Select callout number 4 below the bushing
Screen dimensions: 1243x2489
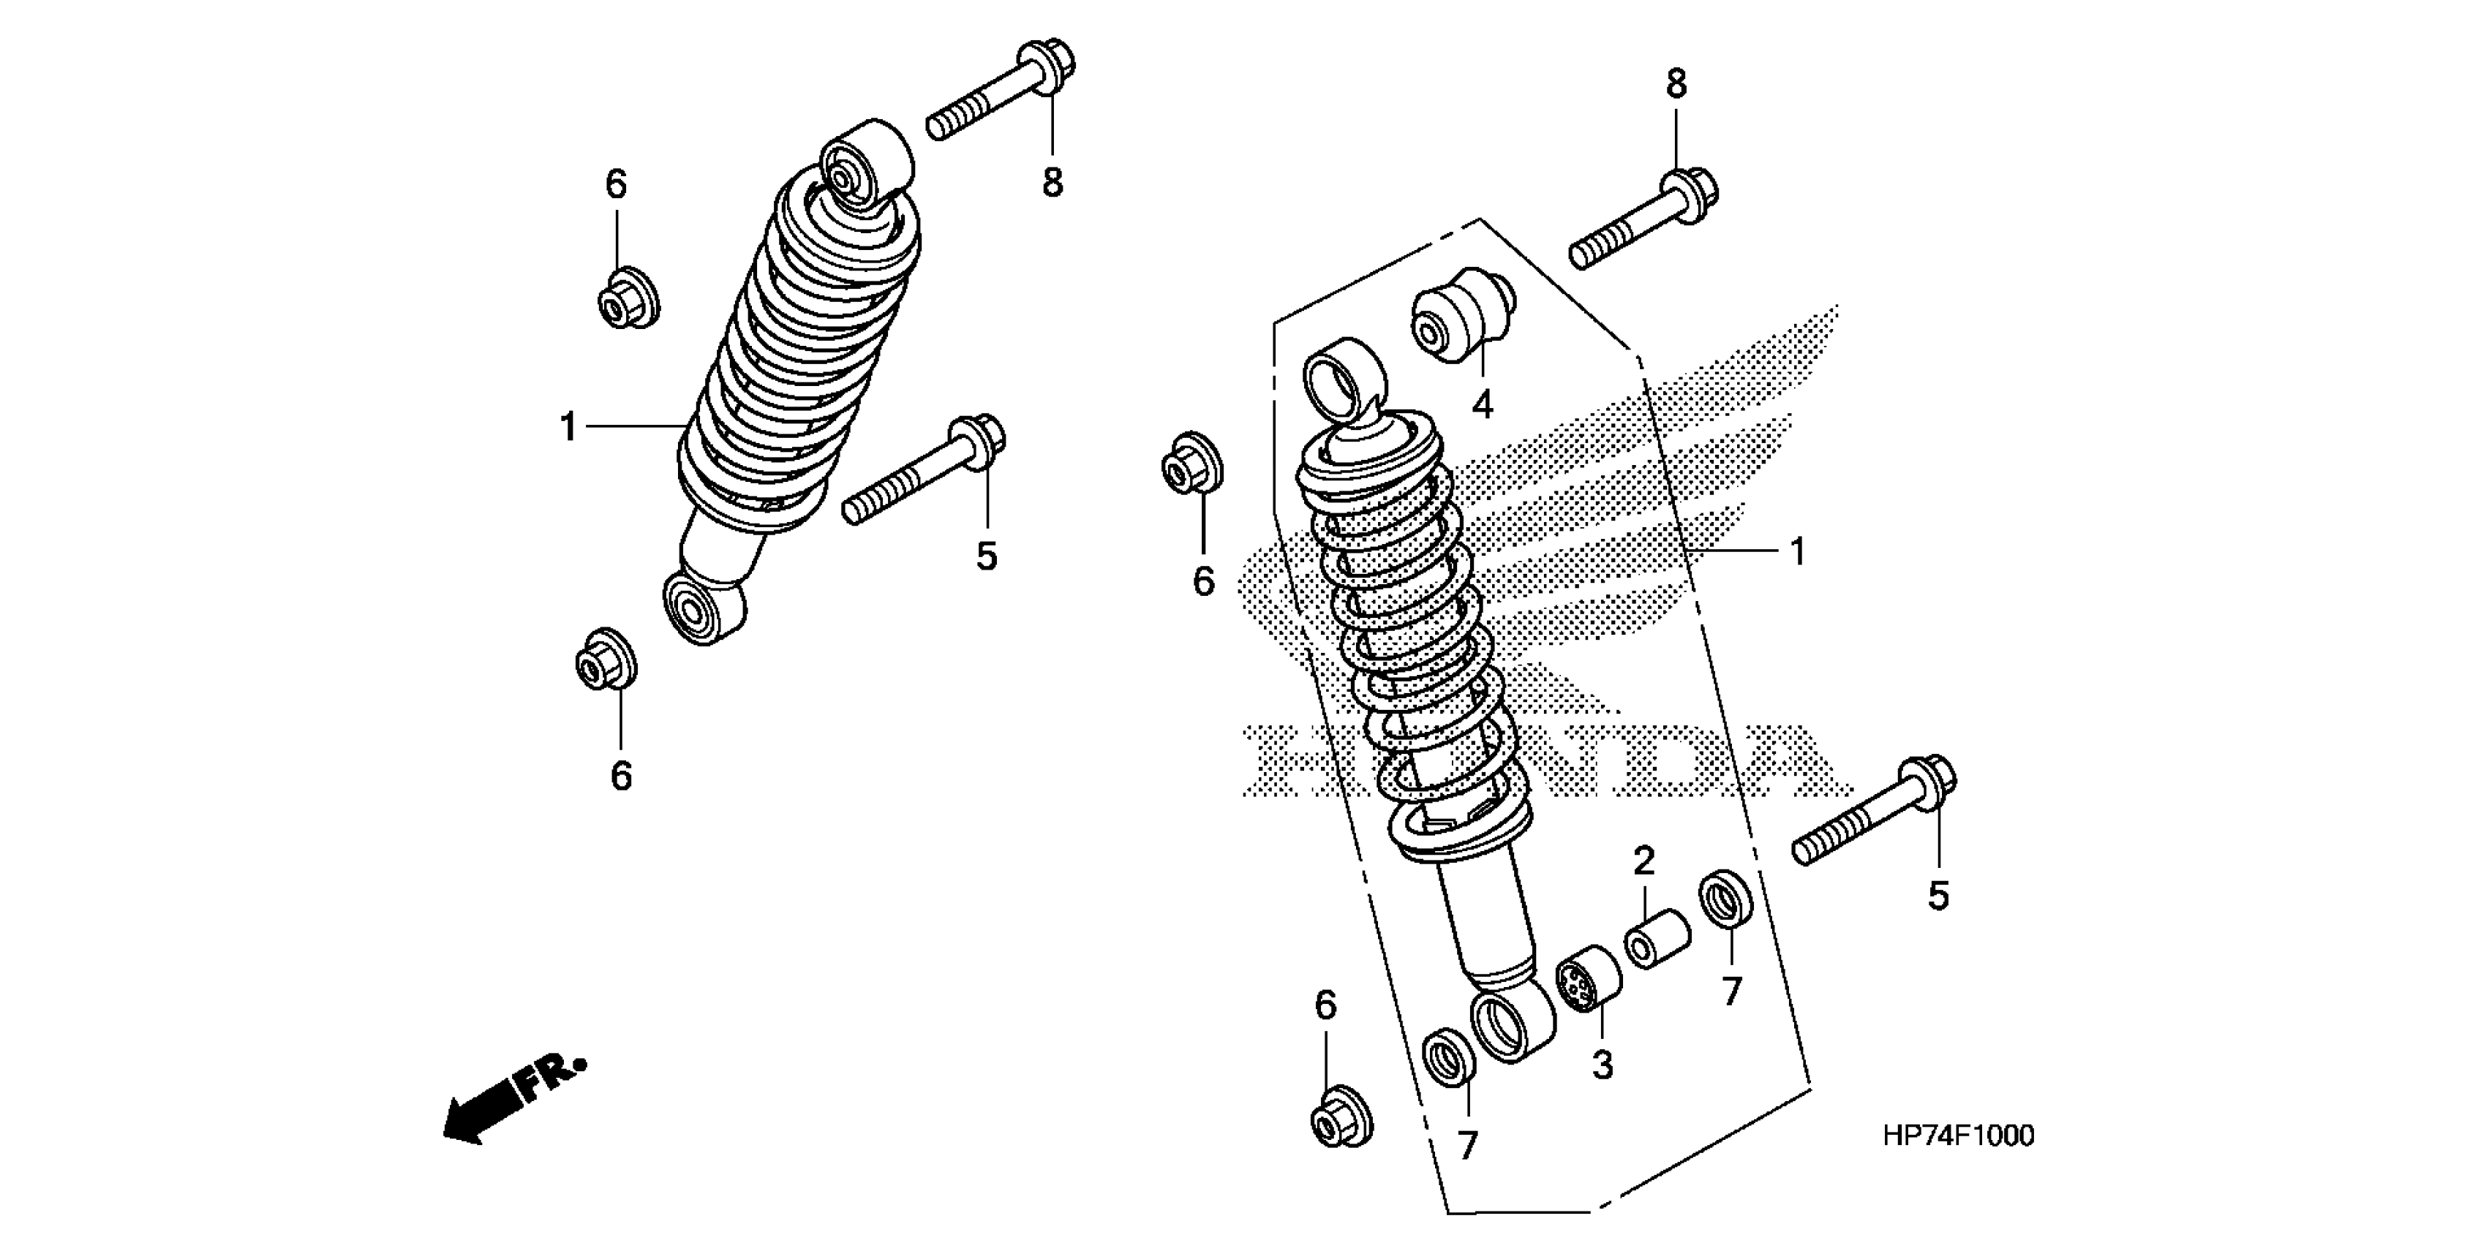(x=1482, y=404)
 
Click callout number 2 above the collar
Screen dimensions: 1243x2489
(x=1644, y=860)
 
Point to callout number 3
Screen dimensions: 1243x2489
(x=1602, y=1065)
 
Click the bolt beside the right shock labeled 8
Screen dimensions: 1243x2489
(x=1643, y=222)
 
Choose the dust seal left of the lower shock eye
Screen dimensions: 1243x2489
(x=1450, y=1057)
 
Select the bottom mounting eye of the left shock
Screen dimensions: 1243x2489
(x=704, y=608)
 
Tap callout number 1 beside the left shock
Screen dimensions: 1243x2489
(x=568, y=427)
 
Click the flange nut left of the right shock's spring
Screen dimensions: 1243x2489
(x=1191, y=464)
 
